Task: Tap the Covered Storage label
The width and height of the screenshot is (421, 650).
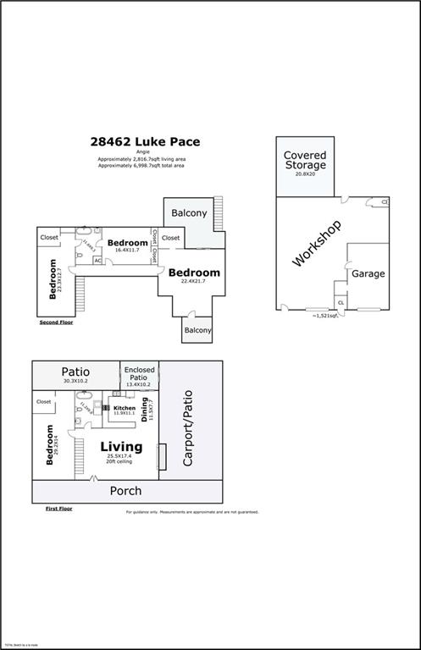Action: [x=305, y=161]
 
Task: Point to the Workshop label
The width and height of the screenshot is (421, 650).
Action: [x=317, y=244]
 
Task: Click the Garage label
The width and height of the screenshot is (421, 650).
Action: [x=368, y=273]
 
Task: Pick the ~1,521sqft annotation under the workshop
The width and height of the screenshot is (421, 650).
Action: [x=325, y=315]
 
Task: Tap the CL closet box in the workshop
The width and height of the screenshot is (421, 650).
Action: [x=341, y=302]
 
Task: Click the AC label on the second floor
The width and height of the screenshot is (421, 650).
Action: [x=98, y=261]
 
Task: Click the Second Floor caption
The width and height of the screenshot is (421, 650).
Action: [x=56, y=323]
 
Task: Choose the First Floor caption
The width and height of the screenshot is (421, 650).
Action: [x=59, y=509]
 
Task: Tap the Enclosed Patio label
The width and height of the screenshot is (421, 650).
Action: [x=139, y=373]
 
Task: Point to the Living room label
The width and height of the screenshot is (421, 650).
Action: [x=121, y=447]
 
